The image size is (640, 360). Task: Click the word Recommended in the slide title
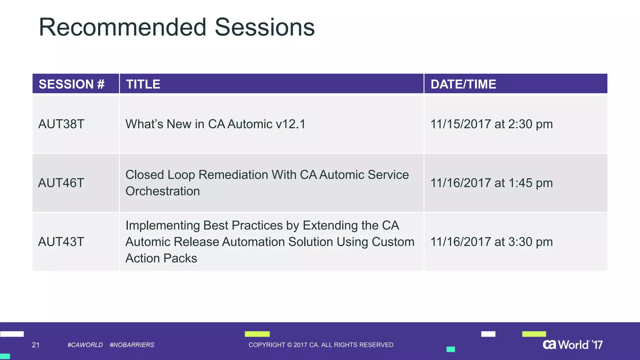point(122,27)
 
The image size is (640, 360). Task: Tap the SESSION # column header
point(72,84)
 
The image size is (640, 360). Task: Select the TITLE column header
point(143,84)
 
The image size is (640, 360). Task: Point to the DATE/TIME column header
point(463,84)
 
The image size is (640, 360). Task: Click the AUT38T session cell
point(61,124)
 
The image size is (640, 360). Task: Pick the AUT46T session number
point(61,183)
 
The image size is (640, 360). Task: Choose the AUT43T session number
point(61,242)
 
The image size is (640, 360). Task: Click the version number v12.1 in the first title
point(290,124)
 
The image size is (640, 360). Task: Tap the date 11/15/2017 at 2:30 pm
point(492,124)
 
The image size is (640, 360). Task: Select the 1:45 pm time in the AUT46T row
point(531,183)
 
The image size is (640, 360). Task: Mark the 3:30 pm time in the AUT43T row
point(531,242)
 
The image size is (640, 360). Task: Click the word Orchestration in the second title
point(162,191)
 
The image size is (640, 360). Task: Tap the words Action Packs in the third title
point(161,258)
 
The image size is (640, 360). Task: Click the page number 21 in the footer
point(36,345)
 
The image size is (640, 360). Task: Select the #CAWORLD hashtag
point(85,345)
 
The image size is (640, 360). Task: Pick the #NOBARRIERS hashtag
point(132,345)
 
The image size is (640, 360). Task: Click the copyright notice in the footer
point(321,345)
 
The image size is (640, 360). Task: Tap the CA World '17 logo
point(572,344)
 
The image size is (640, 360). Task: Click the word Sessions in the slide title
point(265,27)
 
